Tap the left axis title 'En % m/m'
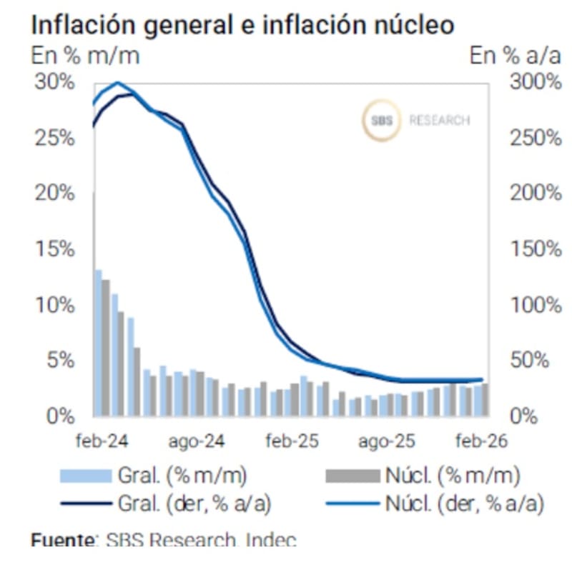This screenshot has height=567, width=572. (x=84, y=55)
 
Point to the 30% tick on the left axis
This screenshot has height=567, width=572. (x=54, y=81)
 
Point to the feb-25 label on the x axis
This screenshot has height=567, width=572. (x=291, y=441)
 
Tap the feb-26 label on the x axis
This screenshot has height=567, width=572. (x=480, y=441)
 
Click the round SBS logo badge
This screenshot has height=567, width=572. (x=378, y=121)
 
